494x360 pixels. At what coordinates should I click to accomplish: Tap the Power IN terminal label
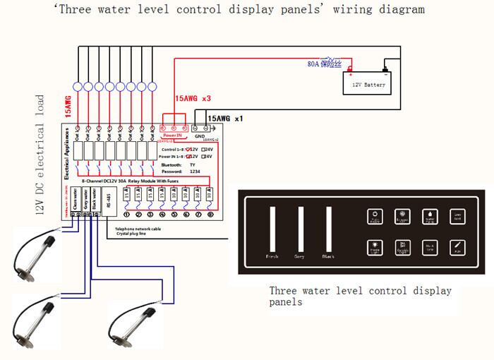174,134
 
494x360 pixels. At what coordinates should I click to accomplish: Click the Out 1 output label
78,131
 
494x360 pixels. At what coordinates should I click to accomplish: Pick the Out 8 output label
157,131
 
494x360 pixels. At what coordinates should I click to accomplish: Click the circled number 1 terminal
127,215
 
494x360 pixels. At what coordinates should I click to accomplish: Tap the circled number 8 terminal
210,215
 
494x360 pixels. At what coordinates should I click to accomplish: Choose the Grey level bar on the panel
301,229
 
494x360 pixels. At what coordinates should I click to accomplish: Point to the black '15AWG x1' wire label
225,118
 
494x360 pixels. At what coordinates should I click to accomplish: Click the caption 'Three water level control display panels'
360,296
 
